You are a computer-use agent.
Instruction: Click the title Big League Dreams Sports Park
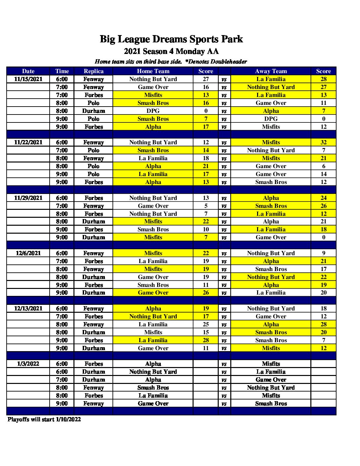171,39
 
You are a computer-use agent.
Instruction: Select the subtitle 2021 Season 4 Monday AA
171,51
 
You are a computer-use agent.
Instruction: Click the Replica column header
94,71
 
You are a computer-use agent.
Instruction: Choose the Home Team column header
153,71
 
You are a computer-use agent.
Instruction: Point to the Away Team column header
271,71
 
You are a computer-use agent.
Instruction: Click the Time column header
62,71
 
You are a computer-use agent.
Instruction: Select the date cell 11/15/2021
28,79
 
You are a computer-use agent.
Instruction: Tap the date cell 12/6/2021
28,253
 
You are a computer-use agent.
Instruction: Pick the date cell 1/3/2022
28,364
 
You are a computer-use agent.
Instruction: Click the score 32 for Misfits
324,142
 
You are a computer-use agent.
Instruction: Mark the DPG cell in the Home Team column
153,111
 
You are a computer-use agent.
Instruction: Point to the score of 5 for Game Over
206,206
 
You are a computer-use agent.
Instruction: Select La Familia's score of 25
206,324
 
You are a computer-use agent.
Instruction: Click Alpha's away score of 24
324,198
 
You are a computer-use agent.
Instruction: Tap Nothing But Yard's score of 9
324,253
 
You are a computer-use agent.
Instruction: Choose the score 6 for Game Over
324,166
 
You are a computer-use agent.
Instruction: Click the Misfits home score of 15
206,332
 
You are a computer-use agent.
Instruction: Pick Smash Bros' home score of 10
206,229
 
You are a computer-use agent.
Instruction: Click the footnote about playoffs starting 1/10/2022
44,419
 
